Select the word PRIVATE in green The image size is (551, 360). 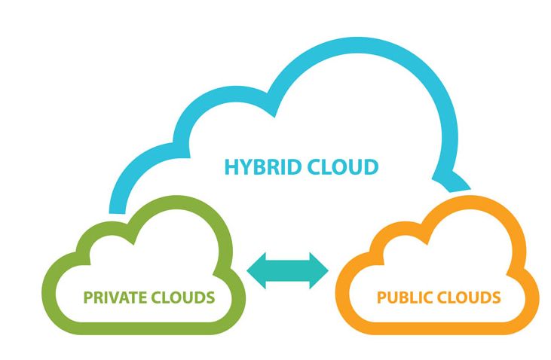pos(114,297)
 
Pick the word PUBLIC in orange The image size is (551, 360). pos(403,297)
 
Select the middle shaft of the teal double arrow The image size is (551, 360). pos(288,269)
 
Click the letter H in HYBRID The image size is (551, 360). pos(231,166)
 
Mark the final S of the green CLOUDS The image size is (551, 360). pos(210,297)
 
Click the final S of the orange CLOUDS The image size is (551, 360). pos(495,297)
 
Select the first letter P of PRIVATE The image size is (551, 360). pos(88,297)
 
